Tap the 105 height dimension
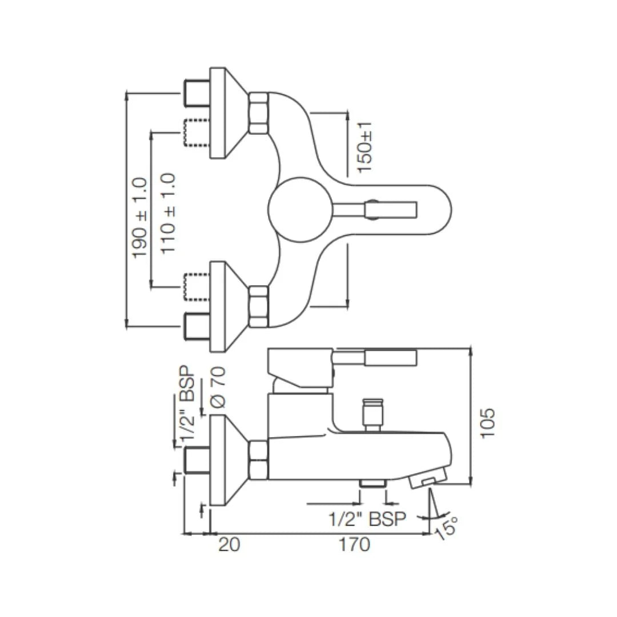click(x=488, y=423)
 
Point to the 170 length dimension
click(x=354, y=544)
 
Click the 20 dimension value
click(x=229, y=544)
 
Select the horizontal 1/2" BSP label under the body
click(x=367, y=519)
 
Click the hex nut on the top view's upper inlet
click(x=259, y=113)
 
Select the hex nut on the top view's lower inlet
click(x=259, y=306)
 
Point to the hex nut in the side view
click(x=259, y=460)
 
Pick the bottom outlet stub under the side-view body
click(x=373, y=483)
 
